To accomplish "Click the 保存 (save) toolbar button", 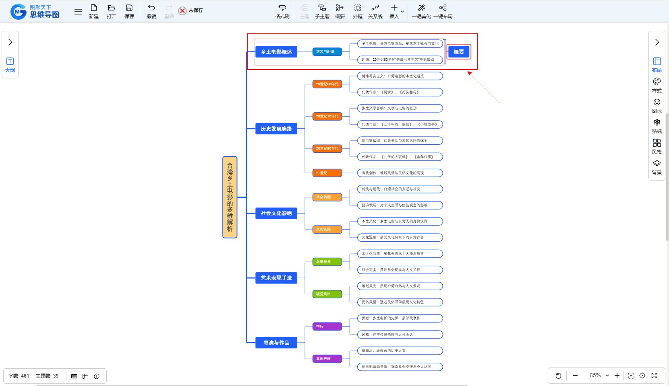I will click(129, 11).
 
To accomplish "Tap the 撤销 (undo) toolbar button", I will click(151, 11).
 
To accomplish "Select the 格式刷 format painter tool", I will click(282, 11).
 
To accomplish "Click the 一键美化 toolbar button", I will click(421, 11).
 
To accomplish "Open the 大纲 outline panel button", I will click(10, 65).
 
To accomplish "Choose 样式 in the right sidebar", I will click(657, 85).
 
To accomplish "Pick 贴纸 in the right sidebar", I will click(657, 126).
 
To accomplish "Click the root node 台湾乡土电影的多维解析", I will click(230, 197).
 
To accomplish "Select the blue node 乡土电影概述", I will click(276, 52).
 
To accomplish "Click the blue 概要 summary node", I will click(458, 52).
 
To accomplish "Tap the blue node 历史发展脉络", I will click(276, 129).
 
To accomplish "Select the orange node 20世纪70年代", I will click(327, 116).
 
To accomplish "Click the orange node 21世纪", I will click(327, 173).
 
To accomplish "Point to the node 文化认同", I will click(327, 229).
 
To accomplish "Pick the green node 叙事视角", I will click(327, 262).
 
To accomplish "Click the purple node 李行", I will click(327, 326).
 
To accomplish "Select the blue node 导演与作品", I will click(276, 343).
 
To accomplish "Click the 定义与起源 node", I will click(327, 51).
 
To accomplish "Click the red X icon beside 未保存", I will click(182, 10).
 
